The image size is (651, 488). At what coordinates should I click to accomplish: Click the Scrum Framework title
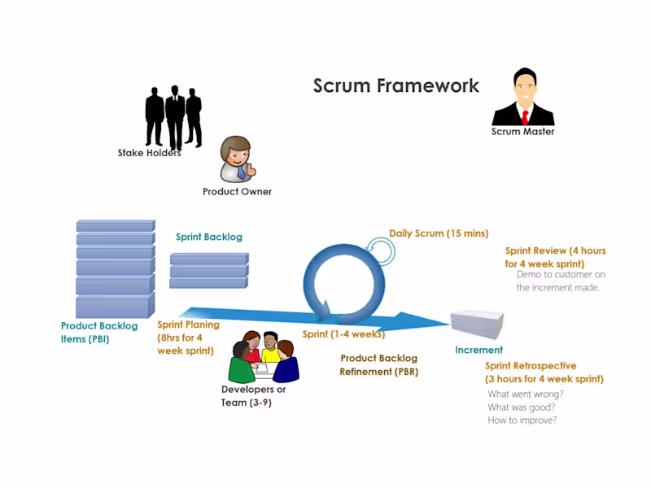[396, 85]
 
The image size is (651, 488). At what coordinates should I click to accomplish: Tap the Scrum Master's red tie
[525, 115]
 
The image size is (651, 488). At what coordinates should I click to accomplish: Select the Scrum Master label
[522, 131]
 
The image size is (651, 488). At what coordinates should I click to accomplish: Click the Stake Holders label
[149, 152]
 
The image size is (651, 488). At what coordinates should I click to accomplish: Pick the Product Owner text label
[237, 192]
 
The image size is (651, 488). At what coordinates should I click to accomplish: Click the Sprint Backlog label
[209, 237]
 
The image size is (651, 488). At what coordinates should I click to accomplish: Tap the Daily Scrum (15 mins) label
[439, 233]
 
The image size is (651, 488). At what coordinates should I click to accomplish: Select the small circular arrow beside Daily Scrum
[380, 250]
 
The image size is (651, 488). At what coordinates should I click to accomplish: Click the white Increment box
[478, 325]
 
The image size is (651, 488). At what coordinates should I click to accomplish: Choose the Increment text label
[478, 351]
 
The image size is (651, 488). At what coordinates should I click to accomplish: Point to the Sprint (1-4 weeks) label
[343, 334]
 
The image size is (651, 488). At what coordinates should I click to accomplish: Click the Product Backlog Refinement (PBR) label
[378, 365]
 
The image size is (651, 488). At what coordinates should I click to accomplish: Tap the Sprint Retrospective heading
[531, 366]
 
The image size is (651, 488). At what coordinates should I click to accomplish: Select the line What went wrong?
[525, 394]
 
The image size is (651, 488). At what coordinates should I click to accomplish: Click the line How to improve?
[522, 420]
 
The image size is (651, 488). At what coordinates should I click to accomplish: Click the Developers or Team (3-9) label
[253, 395]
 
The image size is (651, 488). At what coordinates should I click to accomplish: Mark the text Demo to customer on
[561, 274]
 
